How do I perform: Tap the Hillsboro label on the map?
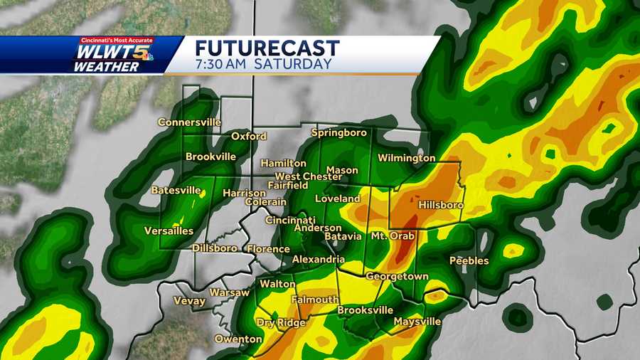[441, 205]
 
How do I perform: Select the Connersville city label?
[189, 122]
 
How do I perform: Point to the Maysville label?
[417, 322]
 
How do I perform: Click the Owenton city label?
[238, 339]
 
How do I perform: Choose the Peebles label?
[469, 261]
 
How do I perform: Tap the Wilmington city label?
[406, 158]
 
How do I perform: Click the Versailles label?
[169, 231]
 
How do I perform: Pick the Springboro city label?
[338, 133]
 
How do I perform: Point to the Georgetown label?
[397, 276]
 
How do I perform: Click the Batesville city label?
[176, 190]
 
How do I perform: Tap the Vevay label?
[189, 301]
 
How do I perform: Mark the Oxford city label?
[249, 137]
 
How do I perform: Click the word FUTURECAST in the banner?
[267, 48]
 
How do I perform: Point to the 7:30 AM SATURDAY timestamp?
[263, 64]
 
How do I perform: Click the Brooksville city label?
[365, 311]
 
